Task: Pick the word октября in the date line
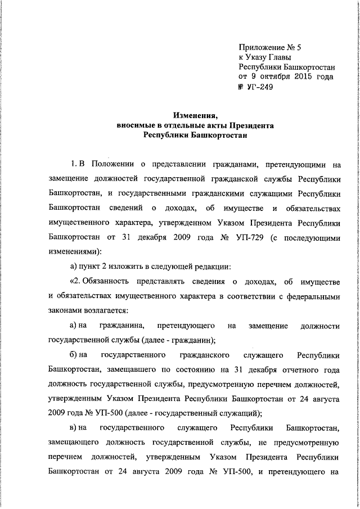[269, 77]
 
